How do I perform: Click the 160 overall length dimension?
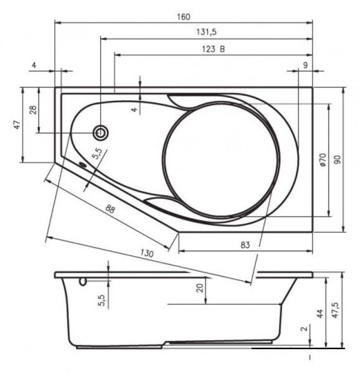(184, 17)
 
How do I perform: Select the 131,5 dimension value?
(206, 32)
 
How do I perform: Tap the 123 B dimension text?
(214, 49)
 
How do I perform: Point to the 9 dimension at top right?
(305, 65)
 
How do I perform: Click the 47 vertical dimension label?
(17, 125)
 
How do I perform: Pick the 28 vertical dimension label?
(33, 110)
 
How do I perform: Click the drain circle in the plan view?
(100, 133)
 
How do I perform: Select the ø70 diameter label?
(323, 160)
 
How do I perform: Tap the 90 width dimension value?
(337, 160)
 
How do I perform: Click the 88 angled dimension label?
(110, 209)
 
